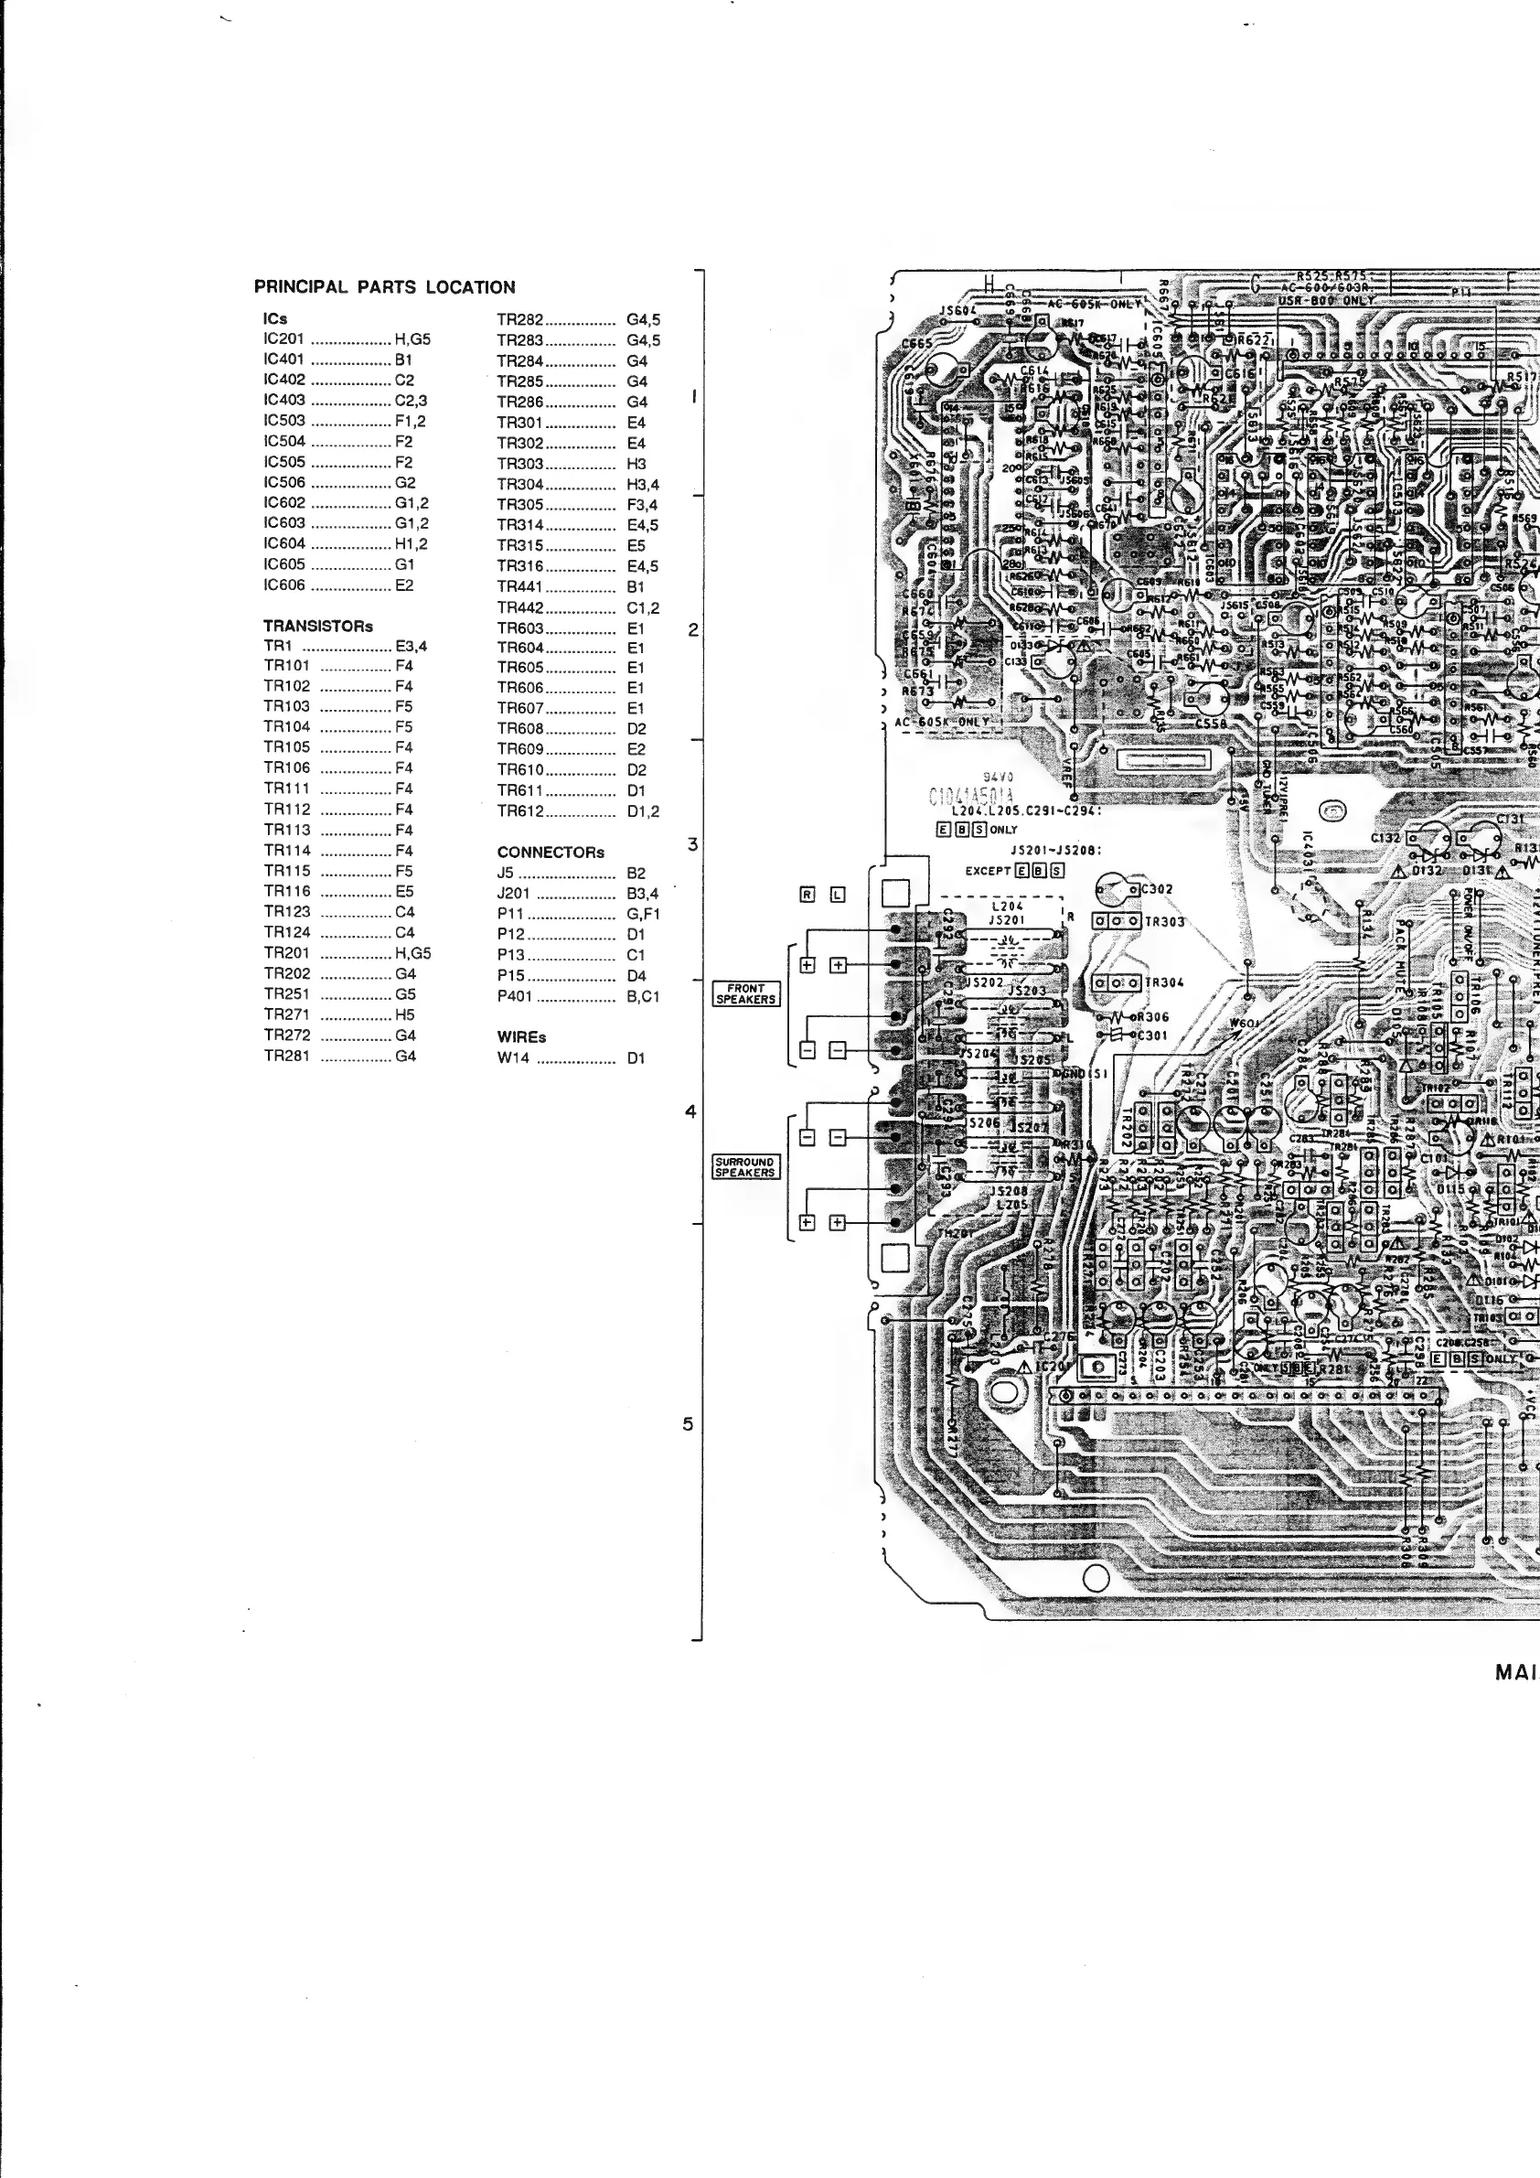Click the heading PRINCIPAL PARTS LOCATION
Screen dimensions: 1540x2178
[384, 287]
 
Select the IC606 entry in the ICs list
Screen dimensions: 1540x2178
[284, 585]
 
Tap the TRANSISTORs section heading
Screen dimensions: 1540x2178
[317, 626]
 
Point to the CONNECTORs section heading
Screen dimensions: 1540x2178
[550, 852]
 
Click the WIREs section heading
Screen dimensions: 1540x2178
[521, 1036]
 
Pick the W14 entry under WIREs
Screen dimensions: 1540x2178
[513, 1057]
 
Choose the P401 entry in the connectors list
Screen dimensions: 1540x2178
[514, 996]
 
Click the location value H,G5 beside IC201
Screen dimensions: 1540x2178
[412, 338]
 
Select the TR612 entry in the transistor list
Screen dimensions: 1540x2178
[519, 811]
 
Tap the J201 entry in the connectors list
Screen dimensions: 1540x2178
[513, 893]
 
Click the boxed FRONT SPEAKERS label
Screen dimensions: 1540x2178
[746, 993]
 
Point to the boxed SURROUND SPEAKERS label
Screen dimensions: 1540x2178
[745, 1165]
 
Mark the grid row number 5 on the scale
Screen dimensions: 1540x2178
[688, 1424]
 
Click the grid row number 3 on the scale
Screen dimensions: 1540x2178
[692, 844]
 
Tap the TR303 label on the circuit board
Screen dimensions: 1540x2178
[1164, 921]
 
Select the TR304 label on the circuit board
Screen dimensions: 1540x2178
[1164, 982]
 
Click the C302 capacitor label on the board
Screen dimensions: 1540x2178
[1157, 889]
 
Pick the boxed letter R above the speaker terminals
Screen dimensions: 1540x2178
[807, 894]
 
